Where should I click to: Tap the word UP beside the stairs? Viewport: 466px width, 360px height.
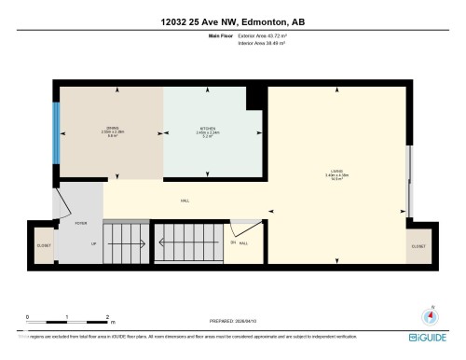[x=93, y=243]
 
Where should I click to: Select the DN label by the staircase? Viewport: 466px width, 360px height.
[x=232, y=243]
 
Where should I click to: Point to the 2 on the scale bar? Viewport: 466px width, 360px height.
[x=109, y=316]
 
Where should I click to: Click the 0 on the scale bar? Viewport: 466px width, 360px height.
[x=28, y=316]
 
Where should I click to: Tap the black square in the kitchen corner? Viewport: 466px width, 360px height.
[x=254, y=98]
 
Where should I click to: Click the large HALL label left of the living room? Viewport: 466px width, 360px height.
[x=185, y=200]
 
